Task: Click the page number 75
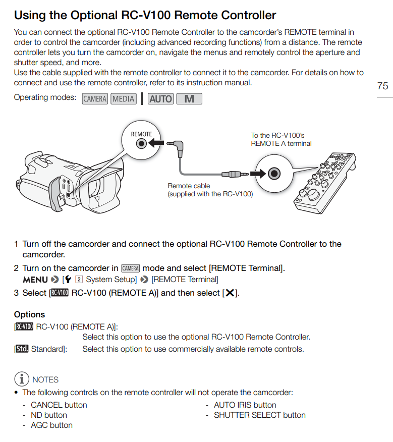point(382,86)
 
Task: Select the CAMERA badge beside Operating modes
point(95,99)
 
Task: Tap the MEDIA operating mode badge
point(124,99)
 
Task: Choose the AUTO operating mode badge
point(161,99)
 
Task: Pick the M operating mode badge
point(189,99)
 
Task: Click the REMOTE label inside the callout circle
point(141,134)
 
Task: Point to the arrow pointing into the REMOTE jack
point(156,143)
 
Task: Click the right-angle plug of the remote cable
point(176,148)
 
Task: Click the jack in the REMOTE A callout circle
point(274,174)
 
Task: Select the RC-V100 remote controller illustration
point(325,183)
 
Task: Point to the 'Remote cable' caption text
point(189,186)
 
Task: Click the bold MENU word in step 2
point(35,280)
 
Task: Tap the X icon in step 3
point(230,293)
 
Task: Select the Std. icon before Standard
point(22,349)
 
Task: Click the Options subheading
point(29,314)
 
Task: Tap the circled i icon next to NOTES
point(22,379)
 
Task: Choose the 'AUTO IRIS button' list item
point(245,405)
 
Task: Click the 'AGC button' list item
point(51,425)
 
